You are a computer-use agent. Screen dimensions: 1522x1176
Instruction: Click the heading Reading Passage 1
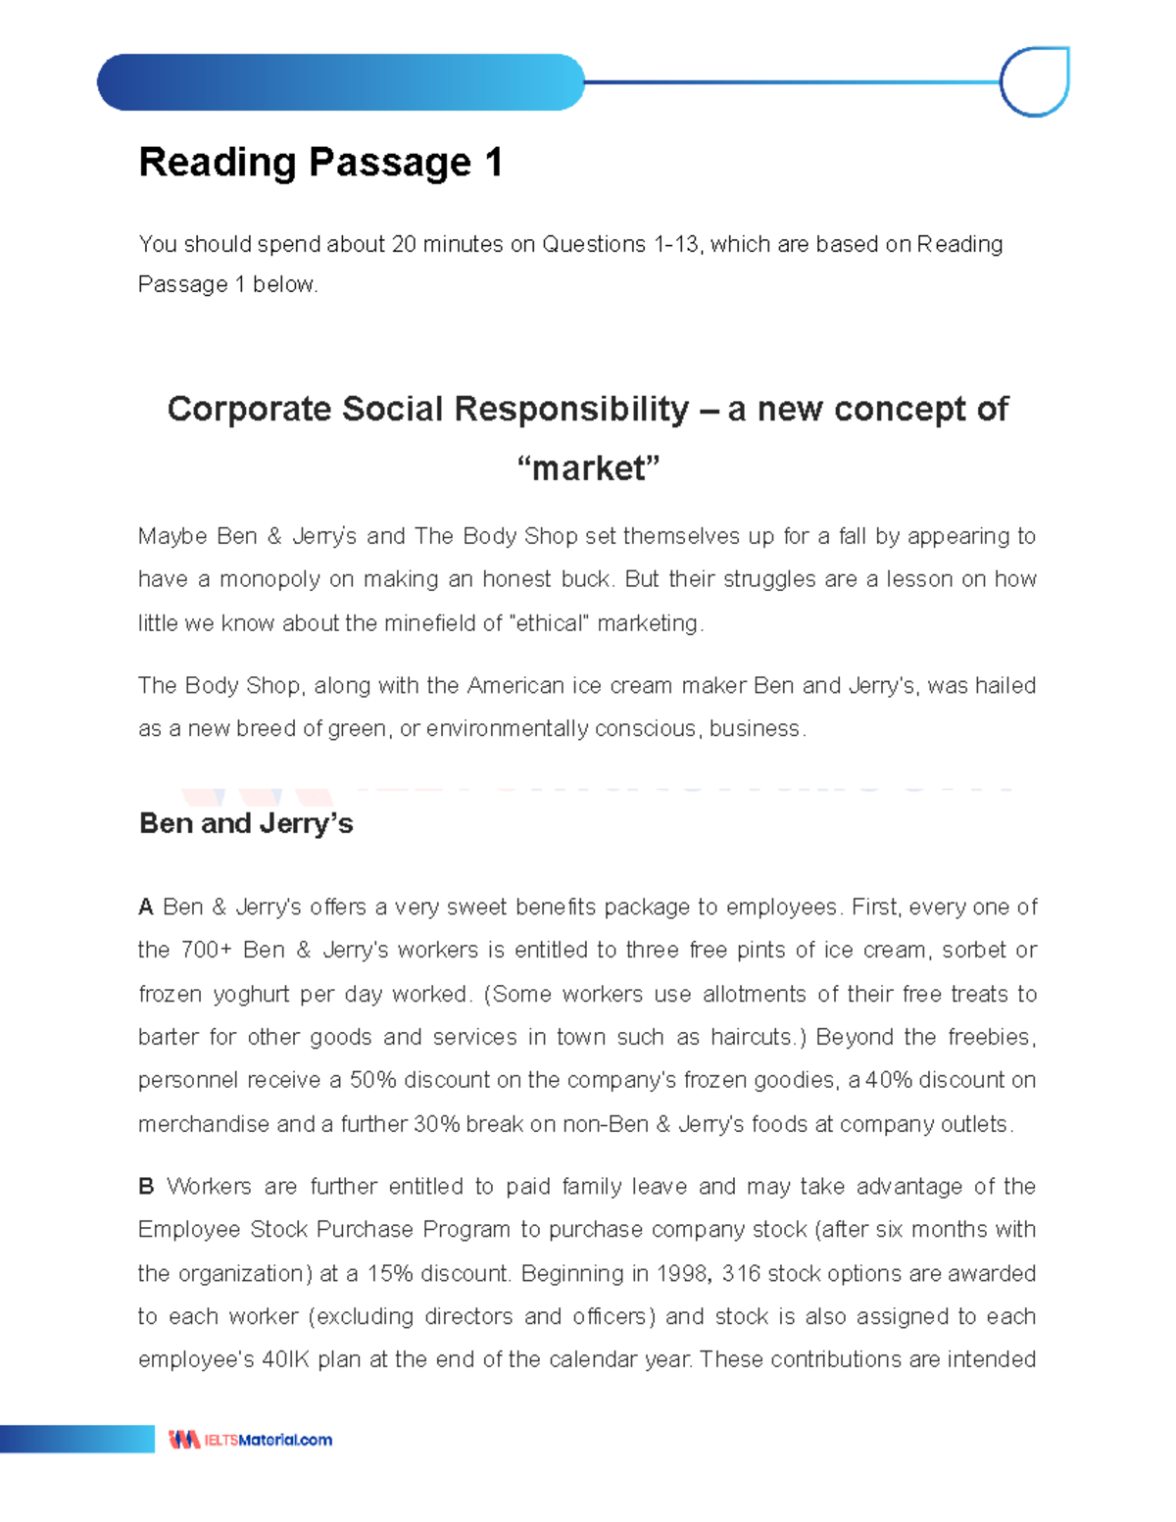320,163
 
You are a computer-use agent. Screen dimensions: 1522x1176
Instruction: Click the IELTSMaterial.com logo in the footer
251,1440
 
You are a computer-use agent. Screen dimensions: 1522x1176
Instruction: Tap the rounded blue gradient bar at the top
340,82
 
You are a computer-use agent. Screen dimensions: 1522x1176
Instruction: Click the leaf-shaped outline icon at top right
1035,82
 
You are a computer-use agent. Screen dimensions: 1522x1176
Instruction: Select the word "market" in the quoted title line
588,467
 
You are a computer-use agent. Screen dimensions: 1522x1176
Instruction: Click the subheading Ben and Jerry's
246,823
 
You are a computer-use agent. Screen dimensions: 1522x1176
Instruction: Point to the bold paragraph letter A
146,908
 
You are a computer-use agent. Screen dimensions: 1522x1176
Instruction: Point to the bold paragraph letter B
146,1187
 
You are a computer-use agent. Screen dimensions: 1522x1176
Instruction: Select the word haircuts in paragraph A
753,1037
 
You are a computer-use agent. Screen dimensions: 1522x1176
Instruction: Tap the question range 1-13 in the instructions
675,244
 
